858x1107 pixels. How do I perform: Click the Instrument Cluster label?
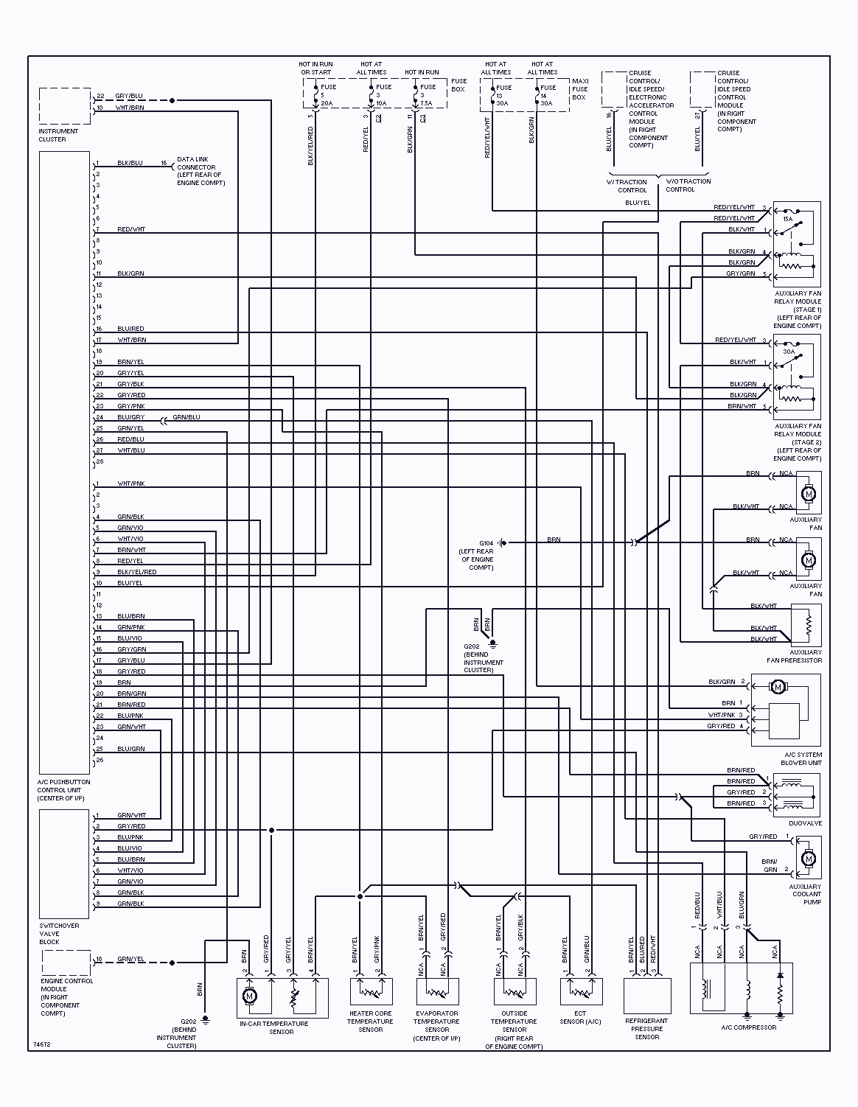tap(58, 135)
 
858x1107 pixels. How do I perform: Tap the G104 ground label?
tap(486, 543)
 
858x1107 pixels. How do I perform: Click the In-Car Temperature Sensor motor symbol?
tap(249, 996)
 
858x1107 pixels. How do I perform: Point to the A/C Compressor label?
tap(748, 1027)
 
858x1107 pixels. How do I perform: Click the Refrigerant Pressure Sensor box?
tap(647, 996)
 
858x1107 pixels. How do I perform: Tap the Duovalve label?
tap(805, 823)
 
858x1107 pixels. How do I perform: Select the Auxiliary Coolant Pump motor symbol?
tap(809, 859)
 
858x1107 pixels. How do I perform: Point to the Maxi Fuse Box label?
tap(580, 89)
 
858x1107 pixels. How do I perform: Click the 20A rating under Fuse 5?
tap(327, 104)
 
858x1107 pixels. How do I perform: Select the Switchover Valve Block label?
tap(59, 934)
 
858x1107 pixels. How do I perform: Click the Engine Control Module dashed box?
tap(66, 962)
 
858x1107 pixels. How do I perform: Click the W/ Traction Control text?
tap(627, 186)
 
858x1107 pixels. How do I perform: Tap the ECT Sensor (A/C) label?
tap(580, 1018)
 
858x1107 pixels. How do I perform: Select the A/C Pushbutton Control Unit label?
tap(63, 790)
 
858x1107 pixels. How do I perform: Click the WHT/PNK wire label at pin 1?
tap(131, 483)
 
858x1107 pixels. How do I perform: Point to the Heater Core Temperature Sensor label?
tap(370, 1022)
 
